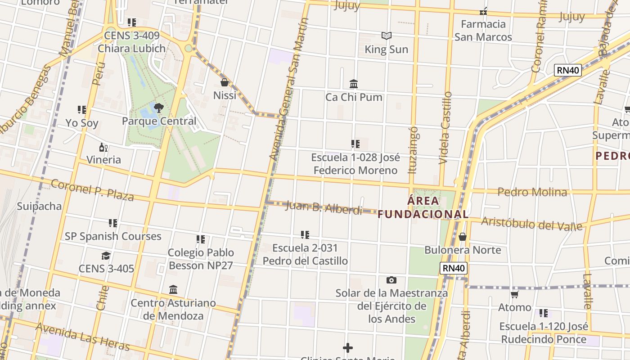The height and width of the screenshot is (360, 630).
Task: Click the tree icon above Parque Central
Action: point(158,108)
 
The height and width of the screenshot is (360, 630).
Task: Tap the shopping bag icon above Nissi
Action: point(224,82)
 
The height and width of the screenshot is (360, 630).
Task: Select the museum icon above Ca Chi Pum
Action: point(354,84)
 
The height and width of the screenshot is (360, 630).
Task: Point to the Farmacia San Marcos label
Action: point(483,30)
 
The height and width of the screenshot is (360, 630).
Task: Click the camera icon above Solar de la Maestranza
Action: point(391,280)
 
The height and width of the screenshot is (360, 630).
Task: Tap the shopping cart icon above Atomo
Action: point(514,294)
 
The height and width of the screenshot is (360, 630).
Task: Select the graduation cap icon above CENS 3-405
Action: point(106,256)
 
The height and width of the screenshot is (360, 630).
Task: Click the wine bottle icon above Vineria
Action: point(103,147)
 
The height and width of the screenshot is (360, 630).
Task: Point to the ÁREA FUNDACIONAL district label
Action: point(423,207)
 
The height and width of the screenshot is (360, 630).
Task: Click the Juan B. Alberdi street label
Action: point(324,207)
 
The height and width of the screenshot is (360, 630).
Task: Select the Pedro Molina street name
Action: point(532,192)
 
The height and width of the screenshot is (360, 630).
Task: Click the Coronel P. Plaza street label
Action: point(92,190)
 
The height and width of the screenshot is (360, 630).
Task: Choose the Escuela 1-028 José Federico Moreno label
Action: point(355,164)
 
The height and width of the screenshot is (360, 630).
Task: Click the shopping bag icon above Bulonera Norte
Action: point(463,237)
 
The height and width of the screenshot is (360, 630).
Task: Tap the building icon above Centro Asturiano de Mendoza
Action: point(173,289)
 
